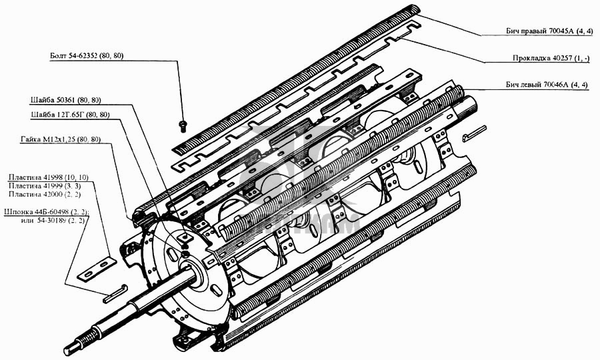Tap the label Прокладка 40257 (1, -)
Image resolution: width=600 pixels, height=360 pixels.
click(551, 58)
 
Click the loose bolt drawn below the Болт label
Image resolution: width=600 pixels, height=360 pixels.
click(183, 126)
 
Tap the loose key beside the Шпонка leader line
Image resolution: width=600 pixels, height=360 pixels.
click(113, 294)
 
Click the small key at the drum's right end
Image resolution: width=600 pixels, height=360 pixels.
click(474, 133)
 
